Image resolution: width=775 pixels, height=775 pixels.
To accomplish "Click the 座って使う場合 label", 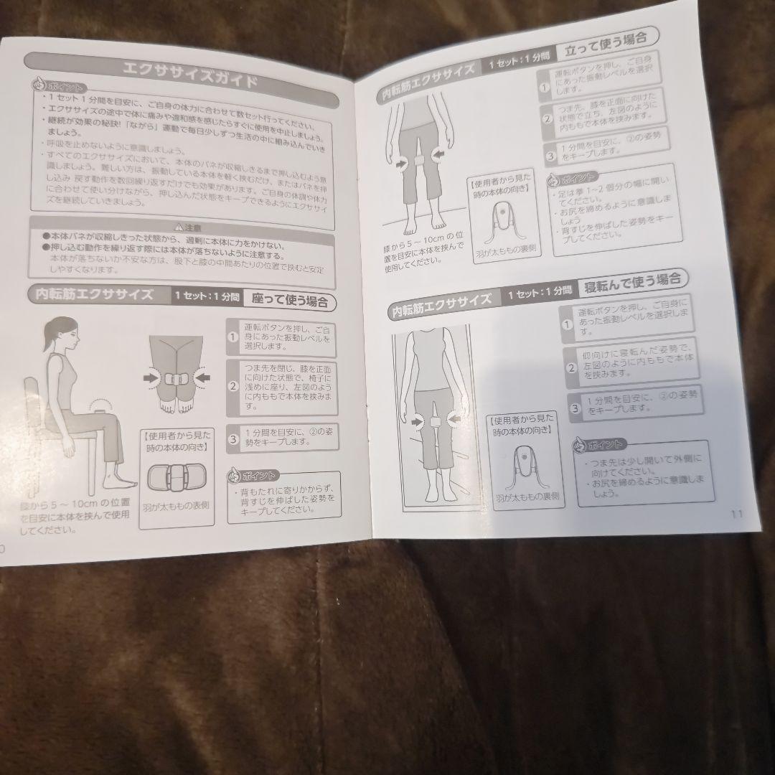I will pos(290,299).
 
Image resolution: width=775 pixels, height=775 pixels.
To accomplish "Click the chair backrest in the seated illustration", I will pos(32,402).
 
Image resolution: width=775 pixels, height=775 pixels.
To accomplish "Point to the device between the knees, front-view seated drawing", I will pos(176,377).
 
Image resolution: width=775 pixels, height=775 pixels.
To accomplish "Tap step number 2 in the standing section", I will pos(547,118).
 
